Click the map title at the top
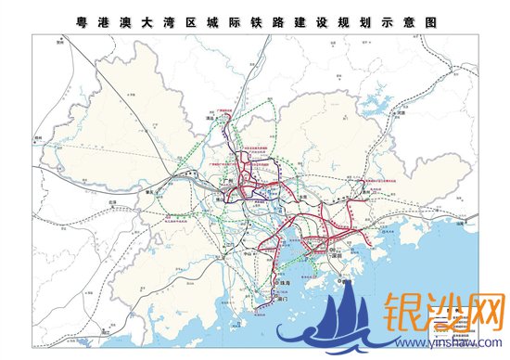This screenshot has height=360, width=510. [x=254, y=19]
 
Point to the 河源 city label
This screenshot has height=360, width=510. [x=402, y=114]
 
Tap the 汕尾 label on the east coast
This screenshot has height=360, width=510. [x=461, y=223]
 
